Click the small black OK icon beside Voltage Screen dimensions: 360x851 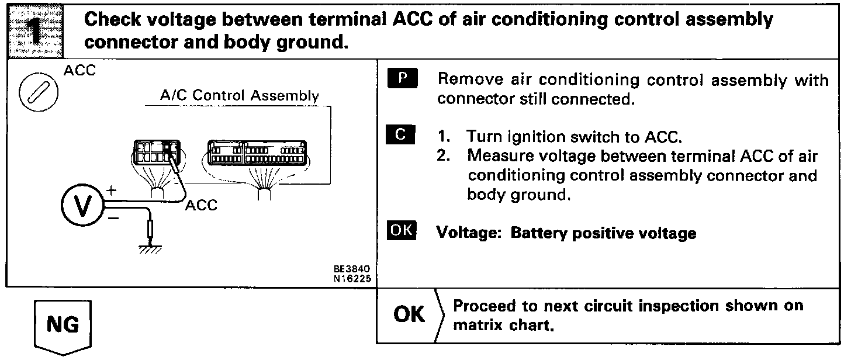(401, 231)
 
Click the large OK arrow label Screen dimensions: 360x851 (410, 314)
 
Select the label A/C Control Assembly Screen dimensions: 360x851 (240, 96)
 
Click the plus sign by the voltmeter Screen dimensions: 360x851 (112, 190)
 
